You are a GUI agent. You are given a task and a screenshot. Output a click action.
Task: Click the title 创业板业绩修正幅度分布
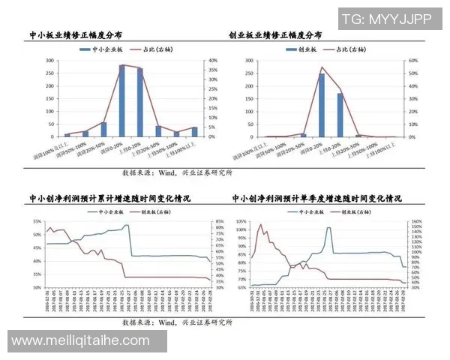[x=275, y=35]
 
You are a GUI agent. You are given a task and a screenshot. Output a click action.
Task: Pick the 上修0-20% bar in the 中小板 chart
[x=139, y=103]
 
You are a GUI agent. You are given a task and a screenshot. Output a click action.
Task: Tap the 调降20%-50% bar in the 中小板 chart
[x=103, y=130]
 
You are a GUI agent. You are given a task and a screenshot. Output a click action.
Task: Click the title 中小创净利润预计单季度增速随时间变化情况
[x=316, y=199]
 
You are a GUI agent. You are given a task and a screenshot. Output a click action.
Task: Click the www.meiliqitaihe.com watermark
[x=81, y=341]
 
